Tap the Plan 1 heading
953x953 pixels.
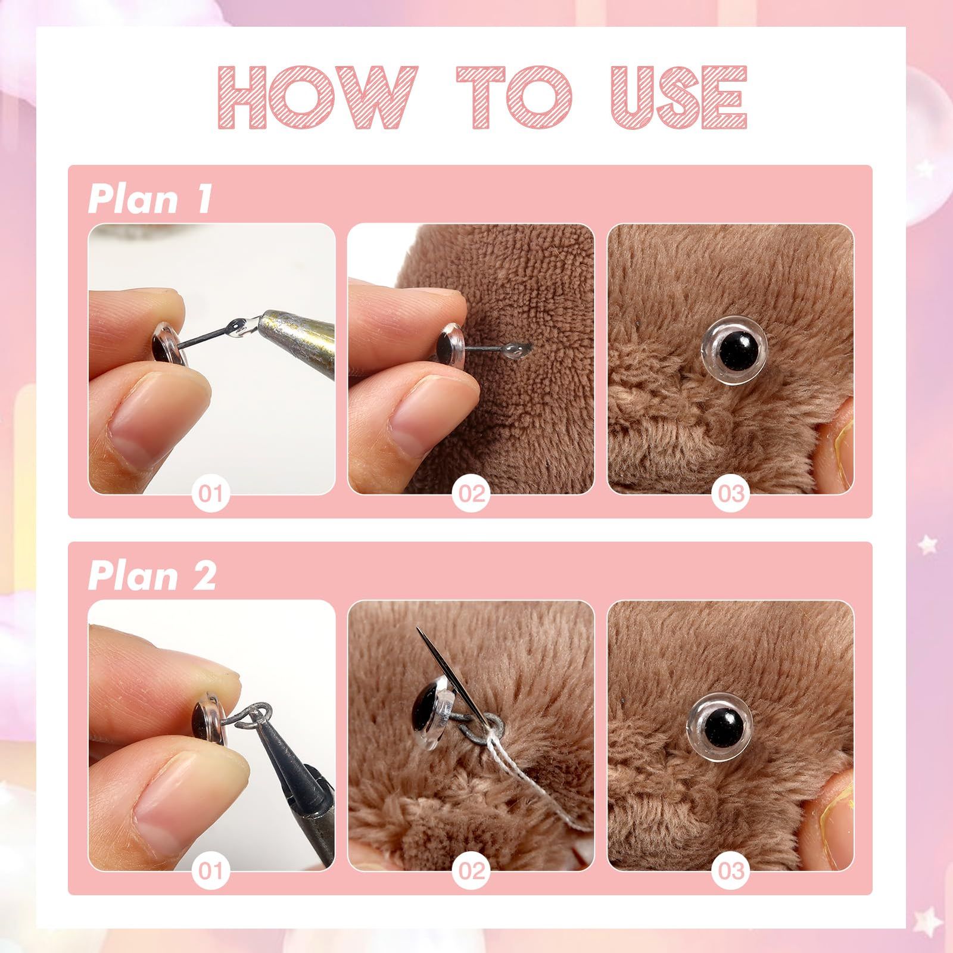click(150, 198)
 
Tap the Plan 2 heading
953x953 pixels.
click(152, 575)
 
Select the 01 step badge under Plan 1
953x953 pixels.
click(211, 493)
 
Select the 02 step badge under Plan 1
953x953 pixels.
click(471, 493)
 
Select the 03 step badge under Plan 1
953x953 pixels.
click(730, 493)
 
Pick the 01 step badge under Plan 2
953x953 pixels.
click(211, 871)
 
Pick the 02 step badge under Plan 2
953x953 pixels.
click(471, 871)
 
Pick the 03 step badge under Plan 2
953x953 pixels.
click(730, 871)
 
